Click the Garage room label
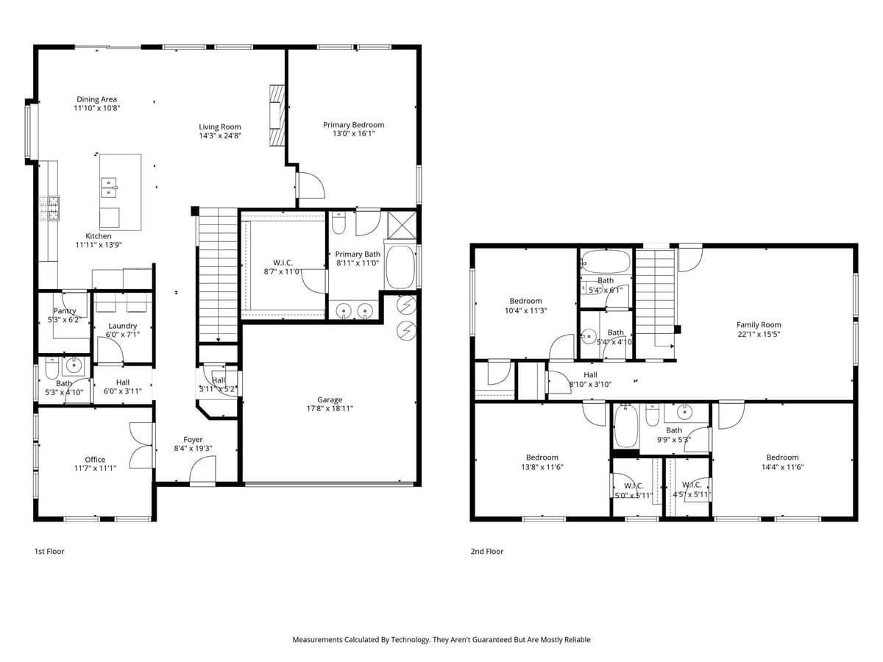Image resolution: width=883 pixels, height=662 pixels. tap(330, 400)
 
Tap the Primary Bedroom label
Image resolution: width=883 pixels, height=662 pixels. tap(353, 125)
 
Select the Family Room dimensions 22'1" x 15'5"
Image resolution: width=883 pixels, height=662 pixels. tap(759, 334)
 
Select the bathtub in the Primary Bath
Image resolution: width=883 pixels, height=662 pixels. tap(400, 267)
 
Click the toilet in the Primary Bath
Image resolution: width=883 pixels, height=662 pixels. tap(338, 221)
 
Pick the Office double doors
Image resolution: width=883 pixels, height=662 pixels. tap(141, 445)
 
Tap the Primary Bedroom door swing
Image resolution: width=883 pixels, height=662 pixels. tap(309, 184)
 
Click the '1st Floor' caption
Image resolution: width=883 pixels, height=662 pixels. tap(49, 551)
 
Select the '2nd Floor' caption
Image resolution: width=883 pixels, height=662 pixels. tap(487, 551)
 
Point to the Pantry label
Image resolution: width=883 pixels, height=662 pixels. tap(64, 311)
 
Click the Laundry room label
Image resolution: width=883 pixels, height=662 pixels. tap(122, 326)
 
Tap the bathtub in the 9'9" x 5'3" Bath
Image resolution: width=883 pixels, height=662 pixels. tap(626, 427)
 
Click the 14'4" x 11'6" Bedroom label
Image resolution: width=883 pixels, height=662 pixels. tap(781, 458)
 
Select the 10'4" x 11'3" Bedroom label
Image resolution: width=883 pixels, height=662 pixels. tap(525, 301)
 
